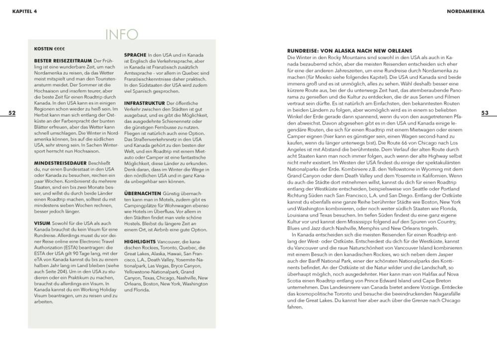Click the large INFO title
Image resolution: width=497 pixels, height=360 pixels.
pos(122,34)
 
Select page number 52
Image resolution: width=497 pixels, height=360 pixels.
pos(12,113)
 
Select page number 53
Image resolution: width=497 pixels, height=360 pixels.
pos(485,113)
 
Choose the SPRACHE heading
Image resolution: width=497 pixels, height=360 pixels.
pos(135,55)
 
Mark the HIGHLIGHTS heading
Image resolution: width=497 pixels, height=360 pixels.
pos(140,241)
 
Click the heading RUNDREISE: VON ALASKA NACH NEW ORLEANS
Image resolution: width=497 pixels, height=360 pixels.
pos(350,51)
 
